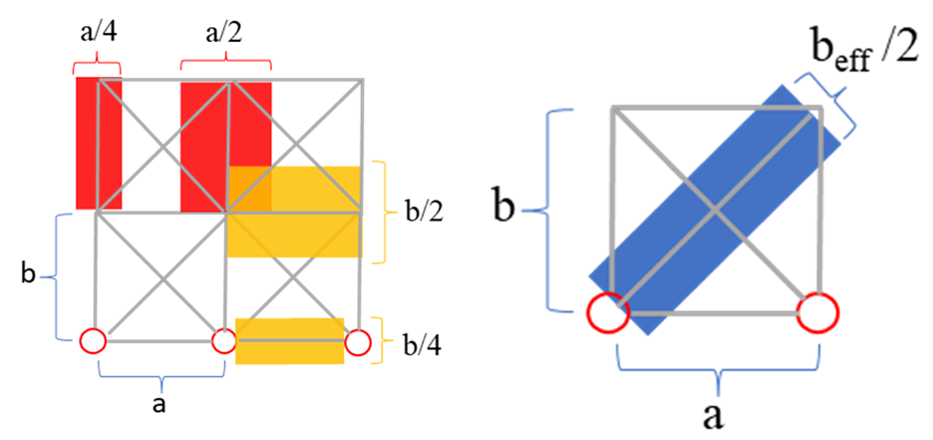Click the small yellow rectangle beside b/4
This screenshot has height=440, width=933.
tap(289, 340)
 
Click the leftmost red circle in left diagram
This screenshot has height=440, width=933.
tap(92, 341)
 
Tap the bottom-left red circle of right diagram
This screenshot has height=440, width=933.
tap(607, 312)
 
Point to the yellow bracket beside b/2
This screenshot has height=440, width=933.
tap(381, 212)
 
